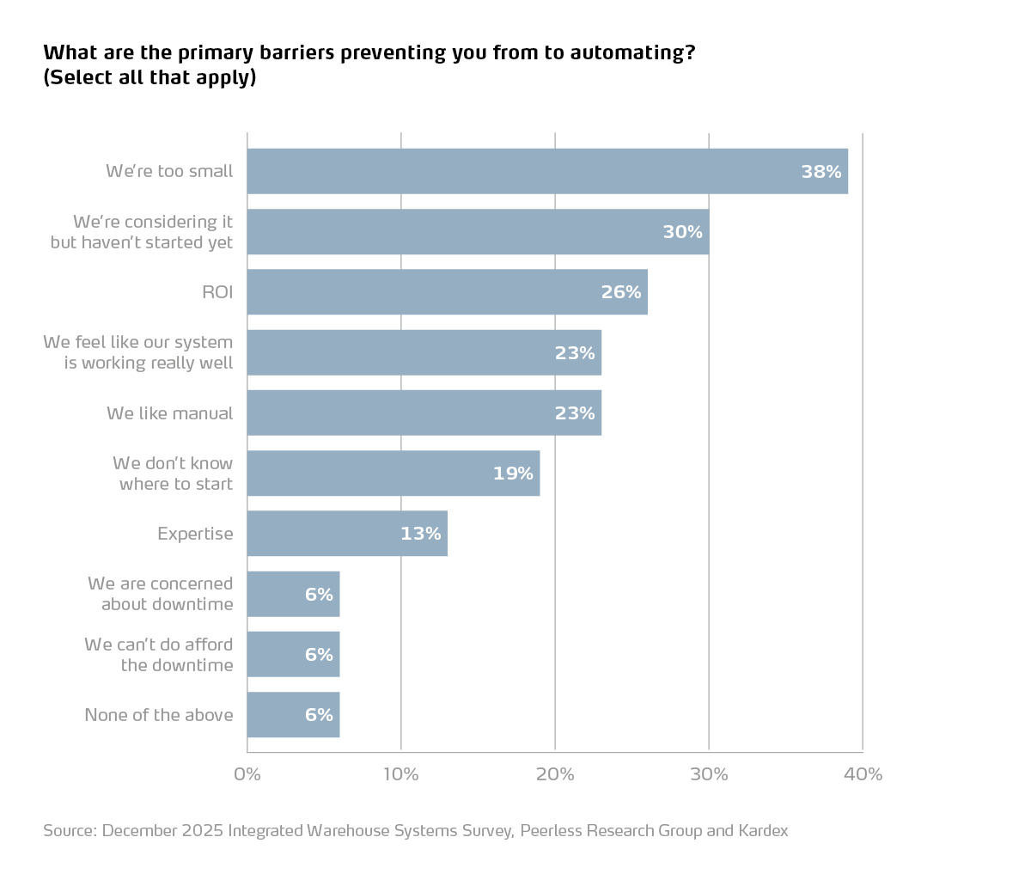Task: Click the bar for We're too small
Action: coord(547,171)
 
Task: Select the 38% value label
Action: coord(821,172)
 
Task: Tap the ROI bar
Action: coord(447,292)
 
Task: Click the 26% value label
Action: coord(621,292)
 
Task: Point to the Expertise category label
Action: coord(195,534)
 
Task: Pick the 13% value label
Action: coord(420,534)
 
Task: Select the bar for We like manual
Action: coord(424,413)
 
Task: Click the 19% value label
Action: coord(513,474)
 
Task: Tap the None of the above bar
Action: coord(293,715)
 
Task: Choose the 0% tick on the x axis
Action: coord(247,774)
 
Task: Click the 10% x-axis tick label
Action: coord(400,774)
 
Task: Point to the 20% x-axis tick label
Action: coord(555,774)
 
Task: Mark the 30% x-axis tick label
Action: coord(709,774)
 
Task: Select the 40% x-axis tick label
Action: coord(863,774)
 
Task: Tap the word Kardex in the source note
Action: coord(763,831)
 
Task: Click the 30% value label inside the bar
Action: coord(682,232)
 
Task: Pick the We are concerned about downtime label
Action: coord(161,594)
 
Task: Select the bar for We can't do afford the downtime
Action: coord(293,655)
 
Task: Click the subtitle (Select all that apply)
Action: coord(149,77)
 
